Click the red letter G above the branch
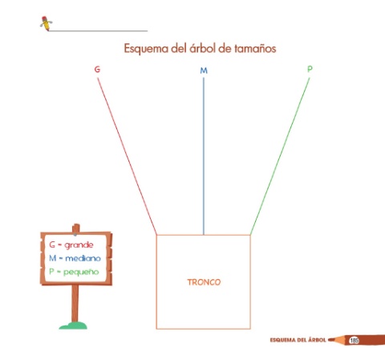(97, 69)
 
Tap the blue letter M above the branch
(204, 71)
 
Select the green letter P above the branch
(310, 69)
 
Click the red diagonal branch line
(127, 156)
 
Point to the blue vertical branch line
(204, 156)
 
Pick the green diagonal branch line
(280, 156)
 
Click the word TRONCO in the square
(204, 282)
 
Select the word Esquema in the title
(146, 49)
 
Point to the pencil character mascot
(46, 23)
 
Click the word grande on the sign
(79, 245)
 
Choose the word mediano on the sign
(83, 258)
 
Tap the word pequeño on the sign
(81, 272)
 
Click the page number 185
(354, 340)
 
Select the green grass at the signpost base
(73, 326)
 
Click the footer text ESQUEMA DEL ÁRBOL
(298, 340)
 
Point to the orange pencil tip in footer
(332, 340)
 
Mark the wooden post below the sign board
(75, 303)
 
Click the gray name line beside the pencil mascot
(98, 31)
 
